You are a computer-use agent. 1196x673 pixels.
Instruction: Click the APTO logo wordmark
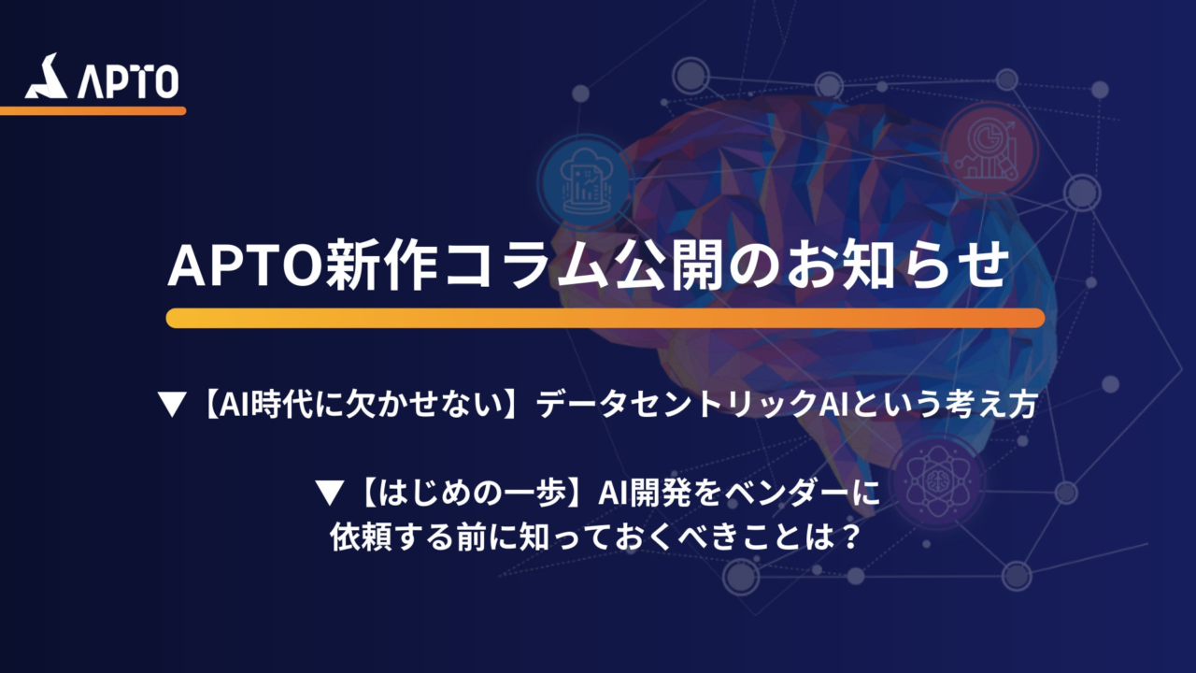pos(128,82)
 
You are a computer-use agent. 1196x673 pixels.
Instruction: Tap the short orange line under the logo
pos(93,111)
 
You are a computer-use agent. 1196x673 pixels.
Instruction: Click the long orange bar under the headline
pos(605,318)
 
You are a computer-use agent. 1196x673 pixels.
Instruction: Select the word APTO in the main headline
pos(246,266)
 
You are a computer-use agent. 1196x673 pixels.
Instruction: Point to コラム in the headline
pos(526,266)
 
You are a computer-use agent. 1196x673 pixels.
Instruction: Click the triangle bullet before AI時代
pos(173,405)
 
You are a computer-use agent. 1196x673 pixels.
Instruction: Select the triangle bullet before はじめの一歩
pos(330,493)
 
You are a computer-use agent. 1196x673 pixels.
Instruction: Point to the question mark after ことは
pos(847,537)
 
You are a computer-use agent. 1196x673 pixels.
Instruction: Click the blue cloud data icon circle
pos(585,181)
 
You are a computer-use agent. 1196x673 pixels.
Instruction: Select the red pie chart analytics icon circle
pos(990,149)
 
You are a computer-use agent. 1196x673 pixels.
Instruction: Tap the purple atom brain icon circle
pos(938,480)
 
